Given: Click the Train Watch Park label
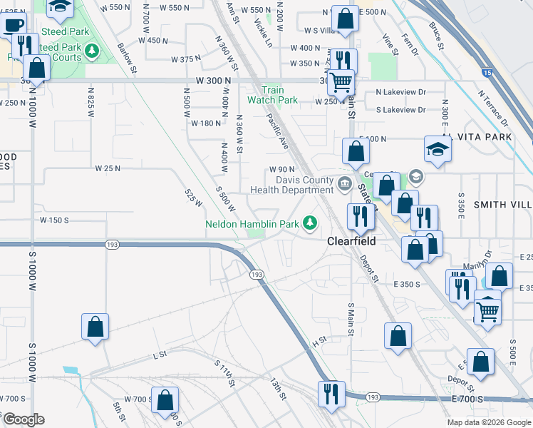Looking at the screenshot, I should pyautogui.click(x=273, y=95).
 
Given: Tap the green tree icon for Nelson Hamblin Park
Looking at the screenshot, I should pyautogui.click(x=310, y=223).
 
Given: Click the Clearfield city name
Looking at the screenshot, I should pyautogui.click(x=351, y=241).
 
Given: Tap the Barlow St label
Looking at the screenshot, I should pyautogui.click(x=126, y=56).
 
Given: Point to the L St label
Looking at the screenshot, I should pyautogui.click(x=159, y=354).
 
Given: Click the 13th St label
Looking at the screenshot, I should pyautogui.click(x=277, y=389).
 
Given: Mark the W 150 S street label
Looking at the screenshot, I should pyautogui.click(x=54, y=220).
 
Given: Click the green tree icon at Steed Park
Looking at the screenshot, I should pyautogui.click(x=91, y=50).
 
